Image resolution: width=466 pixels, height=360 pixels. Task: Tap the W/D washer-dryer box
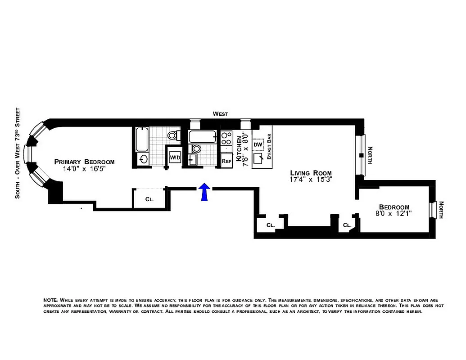pos(174,157)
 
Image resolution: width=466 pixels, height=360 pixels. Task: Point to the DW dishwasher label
pos(258,144)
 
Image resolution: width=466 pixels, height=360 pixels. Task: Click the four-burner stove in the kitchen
pos(226,139)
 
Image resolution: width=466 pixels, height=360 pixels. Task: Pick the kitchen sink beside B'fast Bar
pos(258,159)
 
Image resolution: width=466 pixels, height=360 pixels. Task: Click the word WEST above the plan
pos(221,114)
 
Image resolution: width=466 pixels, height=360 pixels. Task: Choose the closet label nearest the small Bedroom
pos(347,225)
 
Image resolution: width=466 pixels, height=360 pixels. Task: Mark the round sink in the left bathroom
pos(144,159)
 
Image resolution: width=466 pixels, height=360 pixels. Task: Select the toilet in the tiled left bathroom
pos(172,135)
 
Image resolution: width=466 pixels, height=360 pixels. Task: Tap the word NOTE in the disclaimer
pos(50,300)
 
